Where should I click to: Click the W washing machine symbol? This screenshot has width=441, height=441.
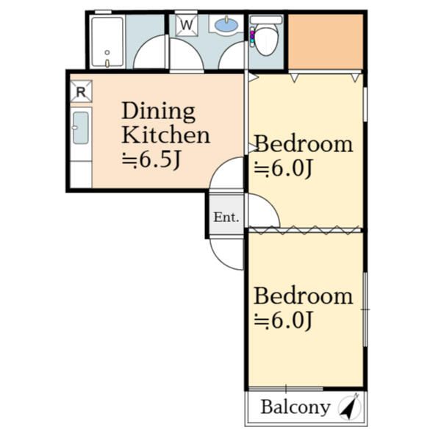coord(187,25)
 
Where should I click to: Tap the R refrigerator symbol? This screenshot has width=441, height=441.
coord(81,91)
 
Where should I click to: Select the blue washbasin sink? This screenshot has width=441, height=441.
coord(226,24)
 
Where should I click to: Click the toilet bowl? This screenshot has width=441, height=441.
coord(266,40)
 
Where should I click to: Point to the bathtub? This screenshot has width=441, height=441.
coord(107,42)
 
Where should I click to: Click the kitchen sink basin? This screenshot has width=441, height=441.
coord(81,128)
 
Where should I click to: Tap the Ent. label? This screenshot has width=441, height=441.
coord(226,217)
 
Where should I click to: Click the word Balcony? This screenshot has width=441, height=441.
coord(295,407)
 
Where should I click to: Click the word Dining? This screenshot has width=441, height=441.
coord(158,112)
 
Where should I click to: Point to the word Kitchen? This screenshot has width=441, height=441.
coord(166,135)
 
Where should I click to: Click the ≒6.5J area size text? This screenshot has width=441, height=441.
coord(151,160)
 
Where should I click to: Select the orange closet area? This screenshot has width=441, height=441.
coord(326,42)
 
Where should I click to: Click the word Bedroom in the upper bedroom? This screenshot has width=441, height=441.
coord(304,144)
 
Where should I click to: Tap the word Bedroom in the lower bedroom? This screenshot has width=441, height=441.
coord(304,295)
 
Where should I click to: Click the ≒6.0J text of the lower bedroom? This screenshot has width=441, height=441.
coord(283,320)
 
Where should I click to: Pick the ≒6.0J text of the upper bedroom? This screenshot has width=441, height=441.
coord(283,168)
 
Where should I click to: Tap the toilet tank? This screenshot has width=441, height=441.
coord(266,20)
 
